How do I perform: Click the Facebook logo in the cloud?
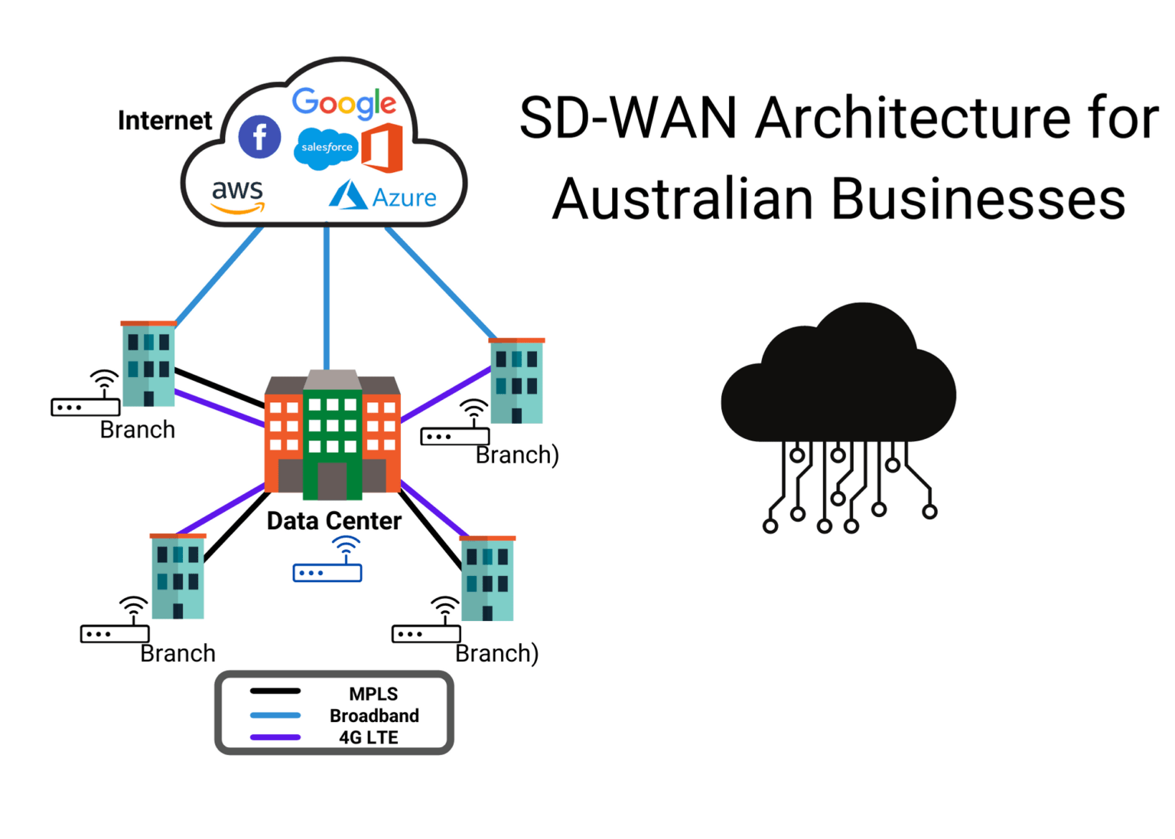pyautogui.click(x=259, y=138)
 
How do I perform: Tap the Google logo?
pyautogui.click(x=343, y=102)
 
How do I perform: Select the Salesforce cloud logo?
pyautogui.click(x=326, y=147)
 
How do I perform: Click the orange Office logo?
pyautogui.click(x=382, y=147)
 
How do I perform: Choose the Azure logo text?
pyautogui.click(x=403, y=198)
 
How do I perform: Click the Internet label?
pyautogui.click(x=164, y=121)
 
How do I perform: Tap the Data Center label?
pyautogui.click(x=334, y=521)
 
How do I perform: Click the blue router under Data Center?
pyautogui.click(x=327, y=572)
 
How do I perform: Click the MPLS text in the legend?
pyautogui.click(x=373, y=694)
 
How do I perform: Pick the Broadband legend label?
pyautogui.click(x=374, y=716)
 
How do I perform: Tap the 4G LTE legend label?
pyautogui.click(x=368, y=737)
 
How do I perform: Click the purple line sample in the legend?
pyautogui.click(x=275, y=737)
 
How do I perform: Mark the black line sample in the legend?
pyautogui.click(x=275, y=691)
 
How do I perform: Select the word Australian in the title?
pyautogui.click(x=682, y=199)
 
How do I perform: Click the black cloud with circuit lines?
pyautogui.click(x=838, y=382)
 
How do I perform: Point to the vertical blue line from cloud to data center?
pyautogui.click(x=327, y=298)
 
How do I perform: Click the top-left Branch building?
pyautogui.click(x=148, y=363)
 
